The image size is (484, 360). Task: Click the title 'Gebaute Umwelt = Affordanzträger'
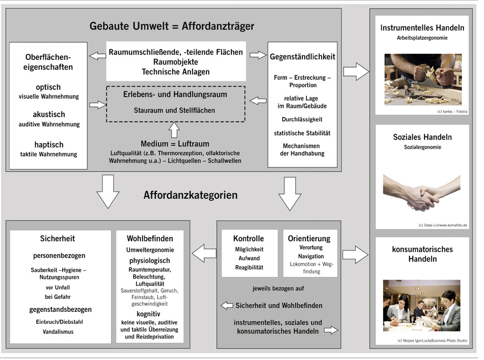(x=172, y=26)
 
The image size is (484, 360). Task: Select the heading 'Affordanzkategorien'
(x=190, y=195)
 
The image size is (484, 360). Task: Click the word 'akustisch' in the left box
(x=49, y=114)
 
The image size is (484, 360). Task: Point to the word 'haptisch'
(x=49, y=144)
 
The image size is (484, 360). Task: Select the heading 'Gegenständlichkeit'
(x=302, y=57)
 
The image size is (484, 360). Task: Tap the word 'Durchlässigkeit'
(x=302, y=119)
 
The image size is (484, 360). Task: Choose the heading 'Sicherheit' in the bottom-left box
(x=57, y=239)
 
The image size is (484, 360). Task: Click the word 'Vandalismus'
(x=58, y=332)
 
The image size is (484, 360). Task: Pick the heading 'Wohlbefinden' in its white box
(x=150, y=239)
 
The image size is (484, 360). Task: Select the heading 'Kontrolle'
(x=249, y=239)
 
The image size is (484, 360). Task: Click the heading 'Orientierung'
(x=309, y=239)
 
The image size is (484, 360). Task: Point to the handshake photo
(x=422, y=191)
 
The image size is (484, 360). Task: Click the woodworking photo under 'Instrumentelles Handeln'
(x=422, y=79)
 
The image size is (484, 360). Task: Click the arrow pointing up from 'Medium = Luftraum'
(x=174, y=129)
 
